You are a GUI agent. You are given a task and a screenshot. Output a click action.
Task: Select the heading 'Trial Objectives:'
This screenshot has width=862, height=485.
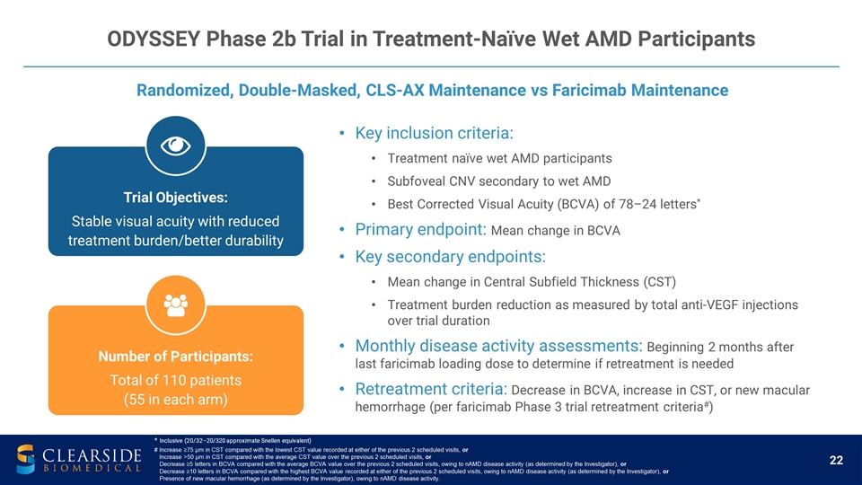tap(175, 196)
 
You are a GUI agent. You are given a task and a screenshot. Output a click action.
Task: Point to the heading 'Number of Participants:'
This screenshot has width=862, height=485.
tap(175, 357)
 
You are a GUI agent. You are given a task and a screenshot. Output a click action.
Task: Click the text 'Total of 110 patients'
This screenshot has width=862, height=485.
tap(175, 379)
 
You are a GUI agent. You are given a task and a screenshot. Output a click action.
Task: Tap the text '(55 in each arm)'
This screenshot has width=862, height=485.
tap(175, 400)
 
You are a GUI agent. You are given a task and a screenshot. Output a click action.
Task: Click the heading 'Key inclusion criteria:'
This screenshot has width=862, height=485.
tap(435, 133)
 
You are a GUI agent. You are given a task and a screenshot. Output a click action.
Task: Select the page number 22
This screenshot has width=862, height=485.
tap(836, 461)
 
